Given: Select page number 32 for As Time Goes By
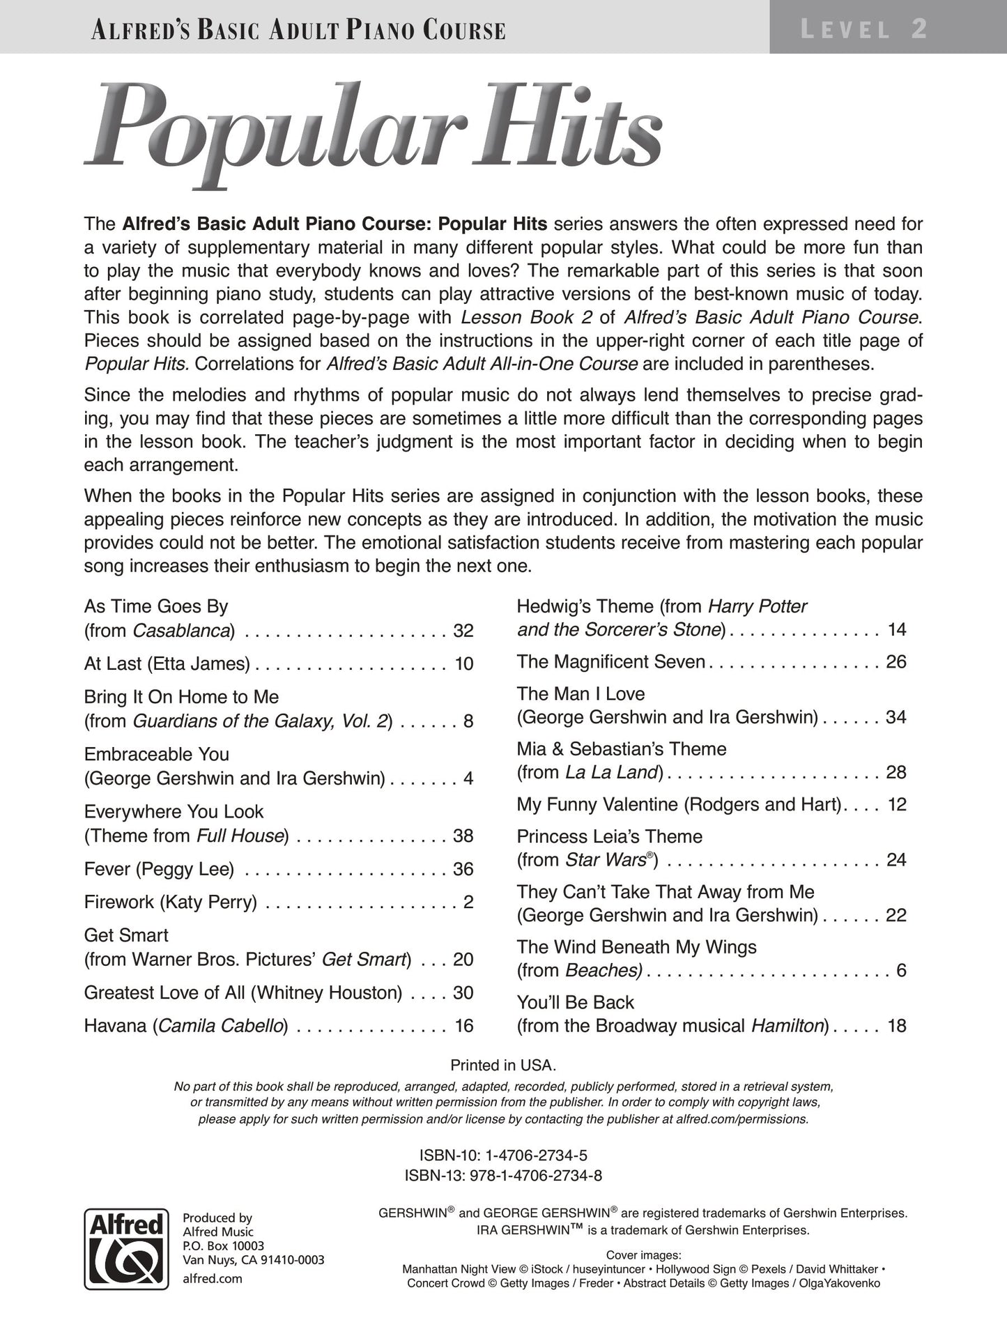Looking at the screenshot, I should pyautogui.click(x=463, y=631).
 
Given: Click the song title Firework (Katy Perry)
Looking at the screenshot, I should pyautogui.click(x=170, y=902).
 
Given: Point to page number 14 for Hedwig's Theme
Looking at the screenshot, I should pyautogui.click(x=897, y=629).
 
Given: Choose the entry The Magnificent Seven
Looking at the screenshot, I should pyautogui.click(x=611, y=661).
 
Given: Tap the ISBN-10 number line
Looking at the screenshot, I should pyautogui.click(x=503, y=1155).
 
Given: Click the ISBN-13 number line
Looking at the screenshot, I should pyautogui.click(x=503, y=1176).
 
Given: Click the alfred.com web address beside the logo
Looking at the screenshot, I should pyautogui.click(x=212, y=1278).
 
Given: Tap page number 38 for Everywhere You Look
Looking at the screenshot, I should pyautogui.click(x=463, y=835).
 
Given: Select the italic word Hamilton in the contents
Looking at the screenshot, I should pyautogui.click(x=787, y=1025).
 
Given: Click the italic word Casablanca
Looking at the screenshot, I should pyautogui.click(x=181, y=631).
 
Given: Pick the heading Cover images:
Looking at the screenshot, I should pyautogui.click(x=643, y=1252).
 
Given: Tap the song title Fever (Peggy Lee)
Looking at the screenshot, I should pyautogui.click(x=159, y=868).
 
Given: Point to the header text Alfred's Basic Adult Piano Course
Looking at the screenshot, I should pyautogui.click(x=298, y=30).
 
